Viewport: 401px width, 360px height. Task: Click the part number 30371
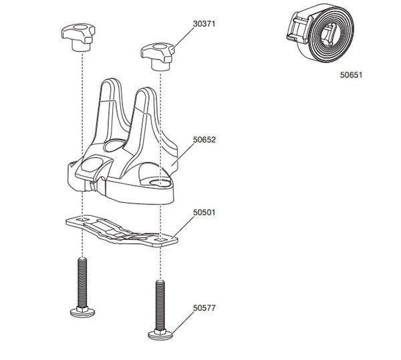coord(204,23)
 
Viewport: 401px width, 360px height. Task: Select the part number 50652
coord(204,140)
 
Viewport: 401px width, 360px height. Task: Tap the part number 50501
coord(204,212)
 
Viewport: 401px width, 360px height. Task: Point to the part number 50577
coord(204,308)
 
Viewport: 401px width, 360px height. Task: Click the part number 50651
coord(351,75)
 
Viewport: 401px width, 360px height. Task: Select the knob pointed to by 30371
coord(157,55)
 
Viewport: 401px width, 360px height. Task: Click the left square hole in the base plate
coord(81,219)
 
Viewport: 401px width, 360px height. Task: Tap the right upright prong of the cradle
coord(146,110)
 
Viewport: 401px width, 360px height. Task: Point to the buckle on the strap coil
coord(296,30)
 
